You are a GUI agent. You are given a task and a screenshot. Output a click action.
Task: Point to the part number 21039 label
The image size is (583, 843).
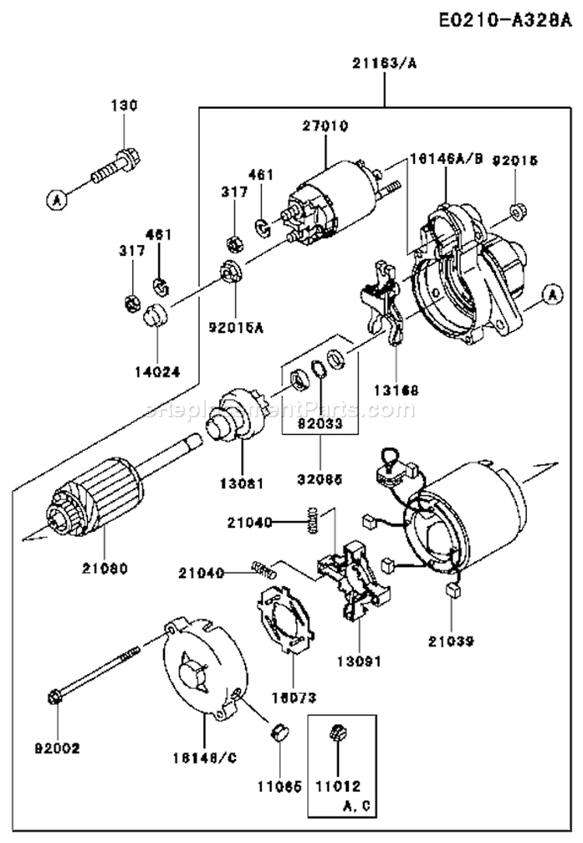[451, 642]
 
